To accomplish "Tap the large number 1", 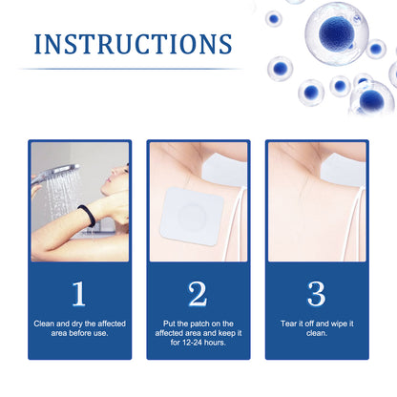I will pos(78,293).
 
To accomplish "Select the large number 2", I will pos(198,293).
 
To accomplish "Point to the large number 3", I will pos(317,293).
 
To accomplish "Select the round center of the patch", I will pos(195,214).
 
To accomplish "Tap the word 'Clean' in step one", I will pos(45,324).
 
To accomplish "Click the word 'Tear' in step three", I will pos(289,324).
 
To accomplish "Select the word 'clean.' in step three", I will pos(317,333).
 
